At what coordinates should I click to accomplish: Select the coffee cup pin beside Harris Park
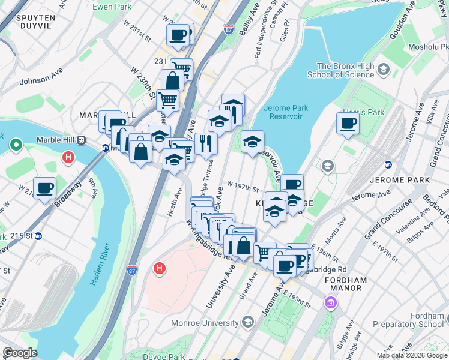[x=348, y=124]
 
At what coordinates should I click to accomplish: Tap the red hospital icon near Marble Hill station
[x=68, y=158]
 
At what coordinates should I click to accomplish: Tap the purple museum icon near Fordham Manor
[x=330, y=303]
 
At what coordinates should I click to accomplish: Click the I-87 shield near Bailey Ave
[x=229, y=28]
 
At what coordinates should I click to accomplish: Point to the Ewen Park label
[x=111, y=7]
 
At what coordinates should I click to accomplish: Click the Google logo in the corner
[x=20, y=353]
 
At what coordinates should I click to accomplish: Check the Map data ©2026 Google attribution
[x=411, y=355]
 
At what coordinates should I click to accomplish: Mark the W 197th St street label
[x=243, y=187]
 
